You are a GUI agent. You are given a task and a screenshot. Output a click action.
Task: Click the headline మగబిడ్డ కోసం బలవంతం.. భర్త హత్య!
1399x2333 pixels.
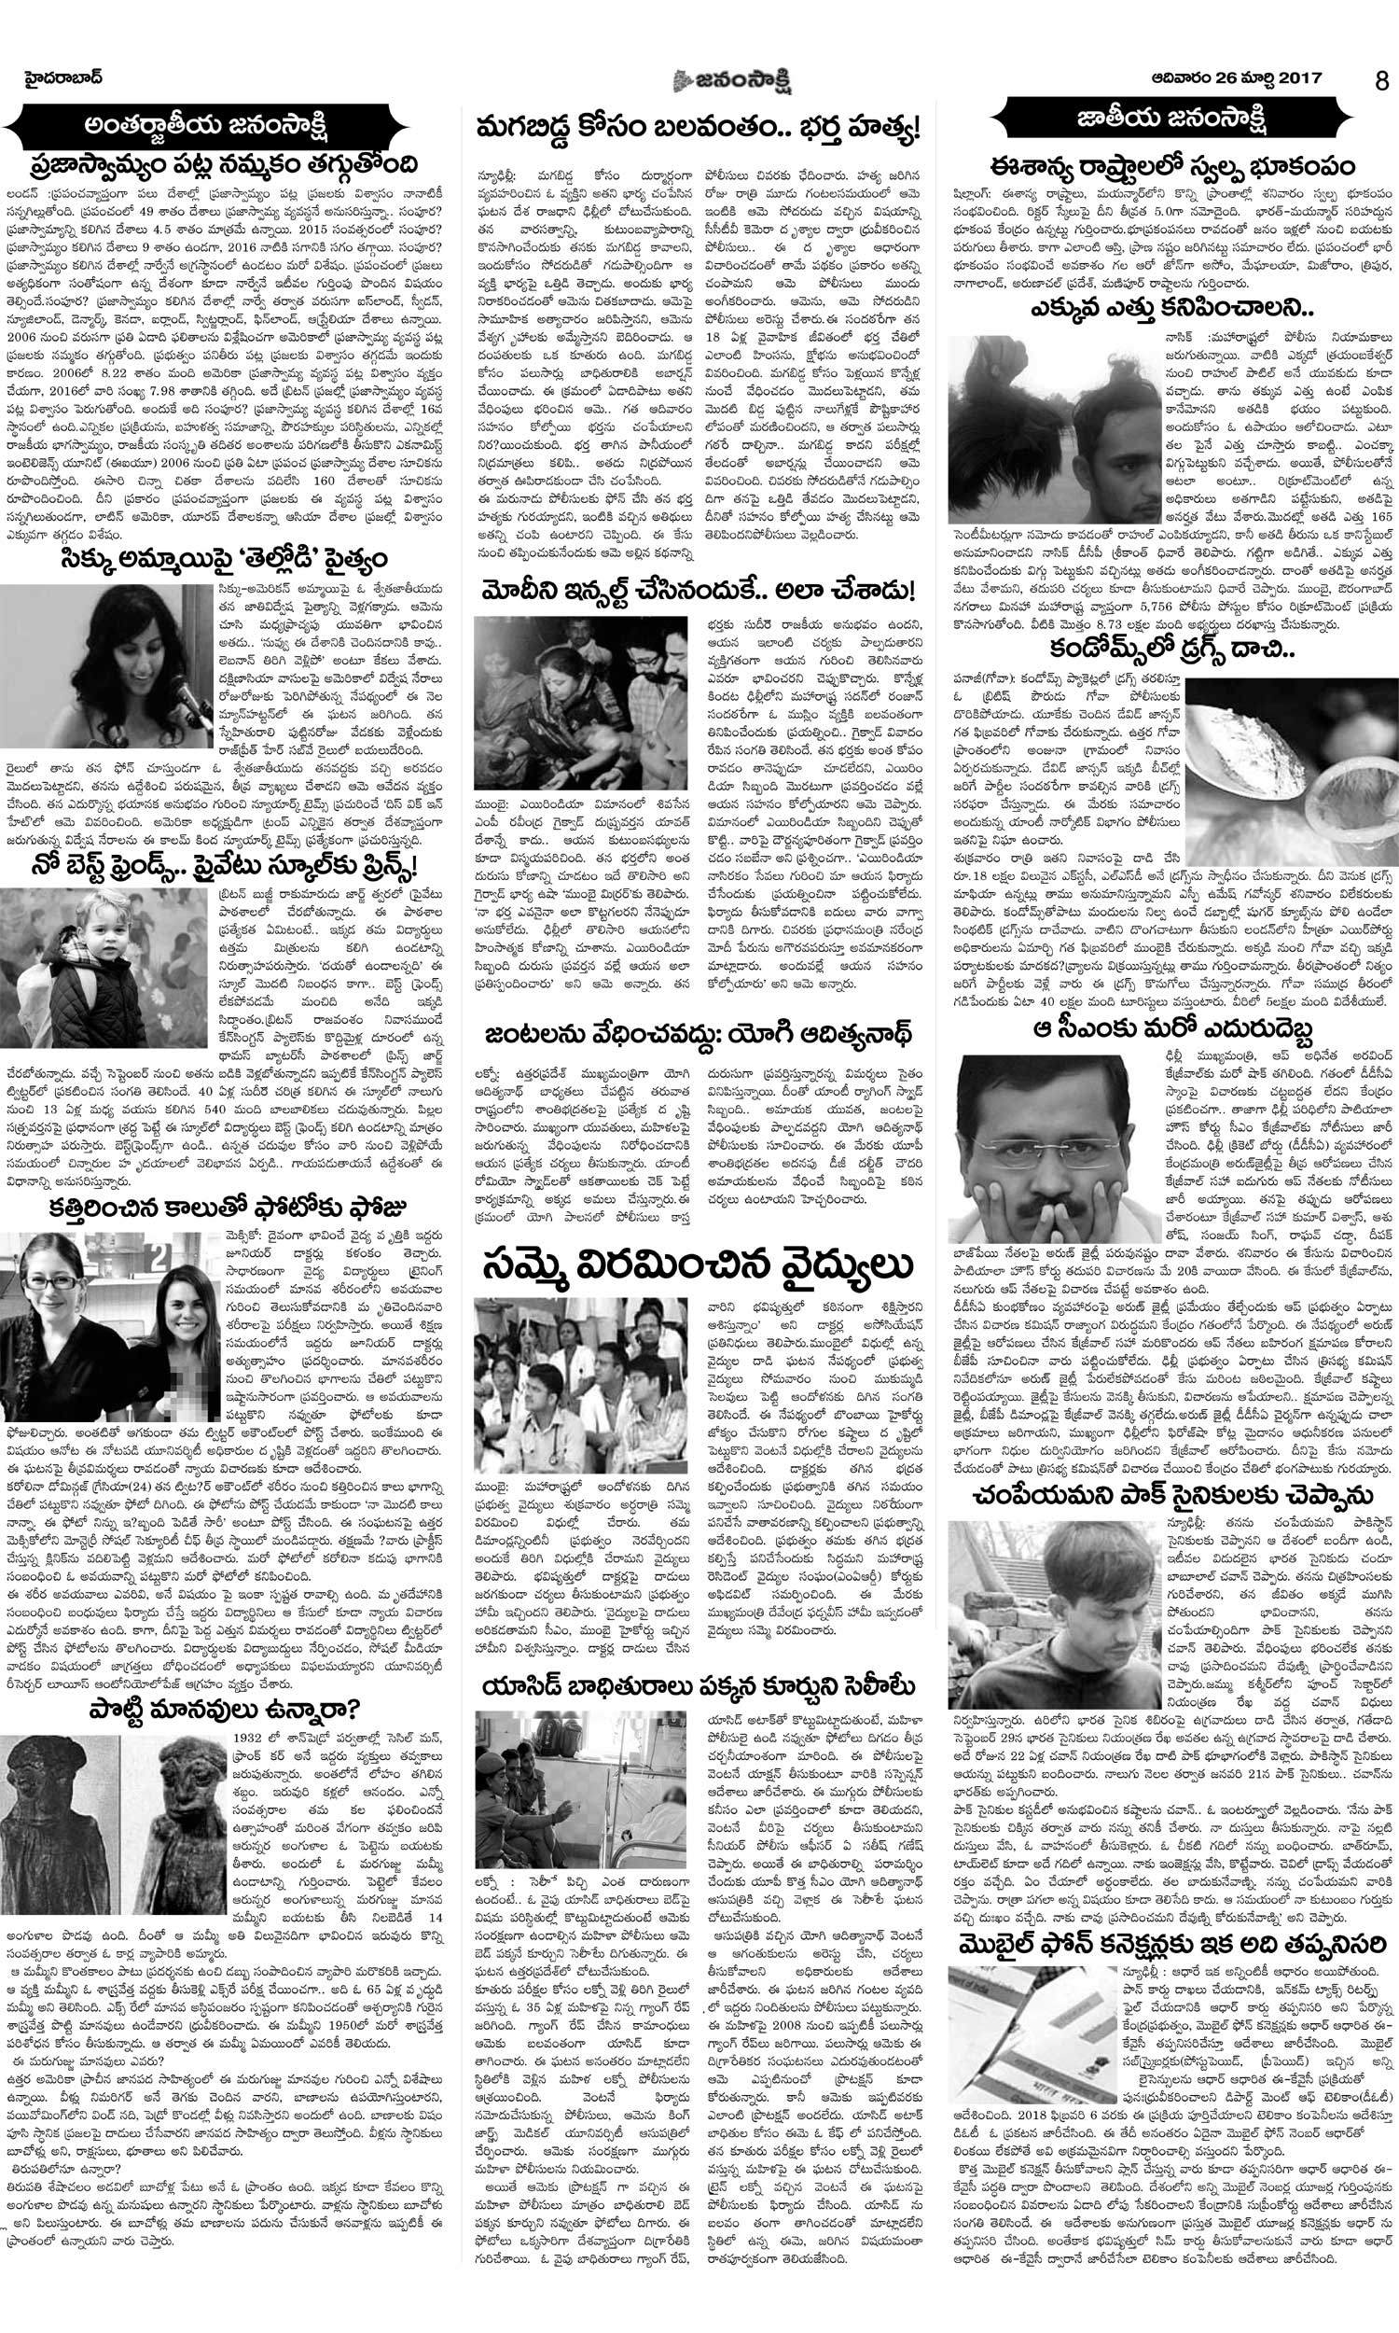[x=699, y=126]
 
